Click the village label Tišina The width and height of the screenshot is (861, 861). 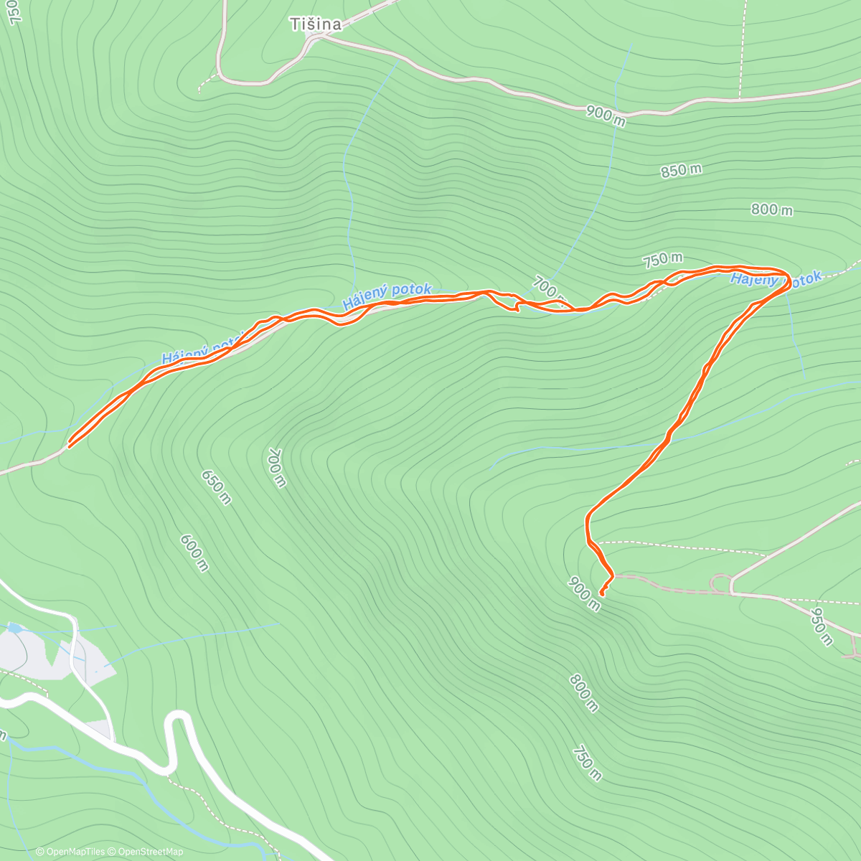pyautogui.click(x=315, y=24)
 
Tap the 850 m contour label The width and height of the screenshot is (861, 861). pyautogui.click(x=681, y=171)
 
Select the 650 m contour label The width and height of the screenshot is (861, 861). pyautogui.click(x=216, y=487)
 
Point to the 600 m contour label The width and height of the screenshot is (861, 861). pyautogui.click(x=194, y=552)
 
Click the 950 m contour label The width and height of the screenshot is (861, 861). pyautogui.click(x=821, y=626)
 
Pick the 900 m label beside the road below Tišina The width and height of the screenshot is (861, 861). pyautogui.click(x=605, y=115)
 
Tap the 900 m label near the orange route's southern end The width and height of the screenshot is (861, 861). pyautogui.click(x=583, y=593)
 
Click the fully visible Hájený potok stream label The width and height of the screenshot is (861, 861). pyautogui.click(x=387, y=296)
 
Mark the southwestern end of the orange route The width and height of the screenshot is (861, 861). pyautogui.click(x=70, y=446)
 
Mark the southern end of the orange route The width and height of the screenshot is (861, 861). pyautogui.click(x=601, y=595)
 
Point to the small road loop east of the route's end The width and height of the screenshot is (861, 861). pyautogui.click(x=720, y=583)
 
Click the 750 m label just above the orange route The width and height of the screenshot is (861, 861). pyautogui.click(x=662, y=258)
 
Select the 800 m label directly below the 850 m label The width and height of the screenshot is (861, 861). pyautogui.click(x=771, y=210)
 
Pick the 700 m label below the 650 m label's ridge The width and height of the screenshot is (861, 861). pyautogui.click(x=276, y=467)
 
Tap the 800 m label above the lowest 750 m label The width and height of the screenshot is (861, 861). pyautogui.click(x=583, y=693)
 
